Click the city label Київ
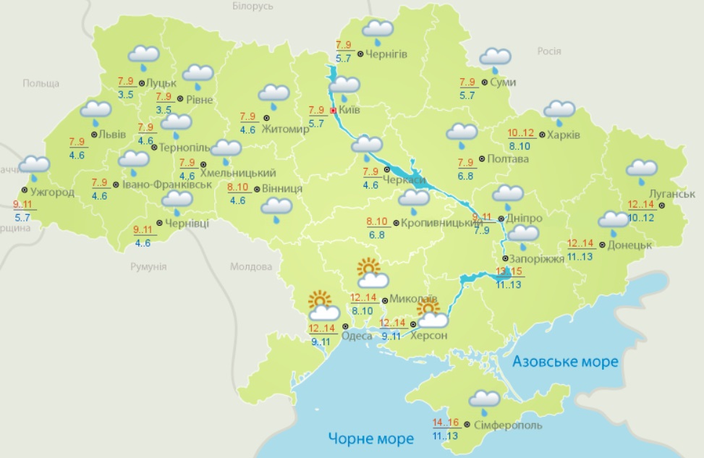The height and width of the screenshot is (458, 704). click(350, 110)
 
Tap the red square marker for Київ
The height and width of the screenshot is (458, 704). click(333, 111)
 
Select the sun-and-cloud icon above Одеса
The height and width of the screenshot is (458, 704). click(321, 306)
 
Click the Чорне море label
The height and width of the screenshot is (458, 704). click(371, 438)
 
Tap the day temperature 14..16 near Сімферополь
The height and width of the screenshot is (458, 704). click(446, 423)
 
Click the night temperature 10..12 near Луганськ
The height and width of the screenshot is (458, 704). click(642, 218)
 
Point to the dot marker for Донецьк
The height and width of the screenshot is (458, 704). click(601, 245)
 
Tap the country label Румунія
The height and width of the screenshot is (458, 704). click(148, 266)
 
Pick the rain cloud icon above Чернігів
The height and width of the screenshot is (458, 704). click(377, 31)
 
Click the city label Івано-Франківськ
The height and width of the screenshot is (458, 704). click(166, 185)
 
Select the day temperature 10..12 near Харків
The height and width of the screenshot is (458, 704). click(520, 133)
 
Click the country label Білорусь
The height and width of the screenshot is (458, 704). click(253, 6)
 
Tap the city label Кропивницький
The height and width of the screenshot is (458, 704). click(441, 222)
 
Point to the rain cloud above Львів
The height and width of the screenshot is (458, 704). click(96, 112)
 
